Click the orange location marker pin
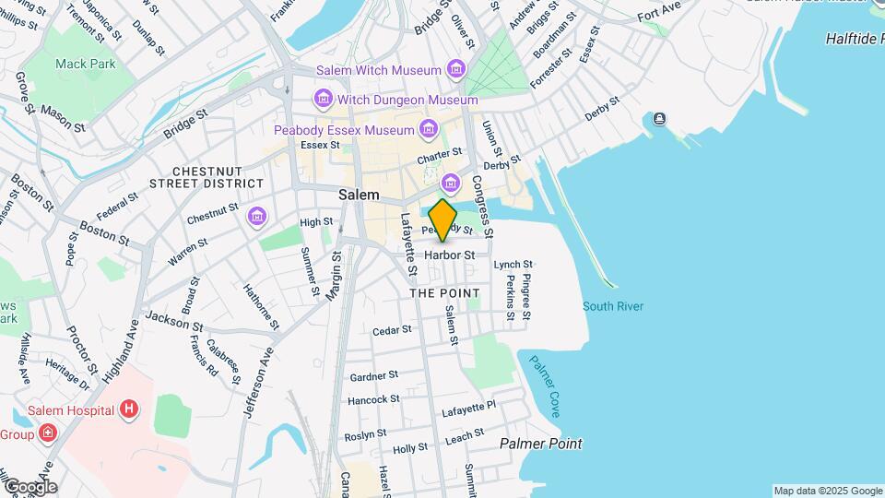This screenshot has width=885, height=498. pos(442,220)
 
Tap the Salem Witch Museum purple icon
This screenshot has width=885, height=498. pos(454,70)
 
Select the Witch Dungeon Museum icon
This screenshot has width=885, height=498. pos(323,99)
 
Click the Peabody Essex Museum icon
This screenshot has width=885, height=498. pos(428,131)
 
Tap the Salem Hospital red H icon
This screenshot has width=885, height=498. pos(129,409)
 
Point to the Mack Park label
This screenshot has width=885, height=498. pos(86,64)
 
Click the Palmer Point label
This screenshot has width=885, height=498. pos(540,444)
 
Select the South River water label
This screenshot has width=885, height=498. pos(612,306)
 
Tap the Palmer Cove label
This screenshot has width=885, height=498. pos(544,385)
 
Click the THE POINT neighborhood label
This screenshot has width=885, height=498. pos(444,292)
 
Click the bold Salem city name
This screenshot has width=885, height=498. pos(359,195)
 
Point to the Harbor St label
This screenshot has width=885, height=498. pos(449,255)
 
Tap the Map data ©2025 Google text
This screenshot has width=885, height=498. pos(827,491)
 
